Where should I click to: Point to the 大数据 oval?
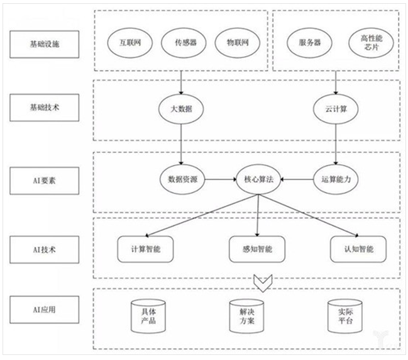[181, 109]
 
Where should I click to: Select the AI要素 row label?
[46, 179]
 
